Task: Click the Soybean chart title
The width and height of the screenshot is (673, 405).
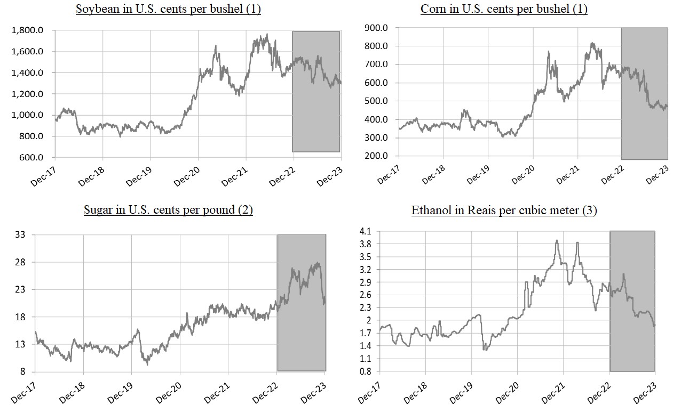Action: pyautogui.click(x=168, y=9)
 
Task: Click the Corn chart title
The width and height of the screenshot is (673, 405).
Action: pyautogui.click(x=504, y=9)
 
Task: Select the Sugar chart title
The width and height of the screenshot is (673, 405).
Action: pyautogui.click(x=168, y=209)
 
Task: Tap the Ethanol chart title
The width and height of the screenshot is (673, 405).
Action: pyautogui.click(x=504, y=210)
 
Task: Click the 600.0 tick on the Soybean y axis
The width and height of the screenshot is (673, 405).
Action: pyautogui.click(x=30, y=157)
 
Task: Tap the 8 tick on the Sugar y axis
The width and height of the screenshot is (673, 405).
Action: pyautogui.click(x=23, y=371)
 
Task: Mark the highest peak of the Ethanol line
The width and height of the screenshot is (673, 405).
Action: pyautogui.click(x=557, y=240)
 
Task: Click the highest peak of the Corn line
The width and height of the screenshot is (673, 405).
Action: pyautogui.click(x=592, y=43)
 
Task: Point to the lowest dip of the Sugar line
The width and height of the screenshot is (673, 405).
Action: pyautogui.click(x=147, y=365)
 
